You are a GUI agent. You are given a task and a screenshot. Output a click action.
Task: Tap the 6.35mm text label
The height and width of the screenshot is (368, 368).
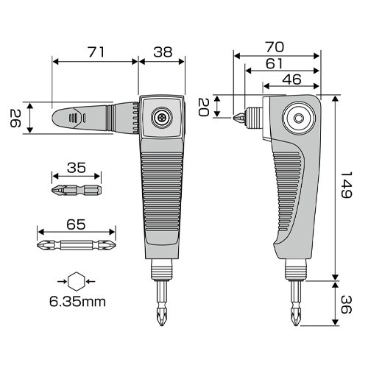(77, 300)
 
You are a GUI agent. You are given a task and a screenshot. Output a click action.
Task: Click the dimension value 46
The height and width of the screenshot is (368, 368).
(292, 79)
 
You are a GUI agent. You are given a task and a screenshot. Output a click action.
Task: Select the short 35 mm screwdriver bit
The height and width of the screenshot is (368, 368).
(77, 191)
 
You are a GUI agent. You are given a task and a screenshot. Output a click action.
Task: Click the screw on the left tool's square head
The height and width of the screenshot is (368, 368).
(161, 116)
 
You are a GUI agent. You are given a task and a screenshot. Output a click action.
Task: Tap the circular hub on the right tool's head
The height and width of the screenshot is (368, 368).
(298, 118)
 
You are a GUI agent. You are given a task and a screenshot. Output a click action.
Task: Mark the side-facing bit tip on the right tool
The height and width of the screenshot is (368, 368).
(240, 118)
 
